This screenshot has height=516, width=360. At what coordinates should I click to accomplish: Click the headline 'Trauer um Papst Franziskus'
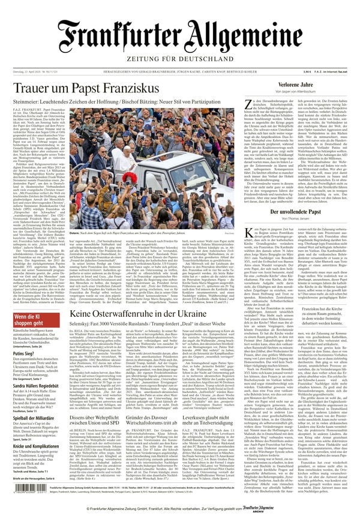(x=86, y=88)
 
